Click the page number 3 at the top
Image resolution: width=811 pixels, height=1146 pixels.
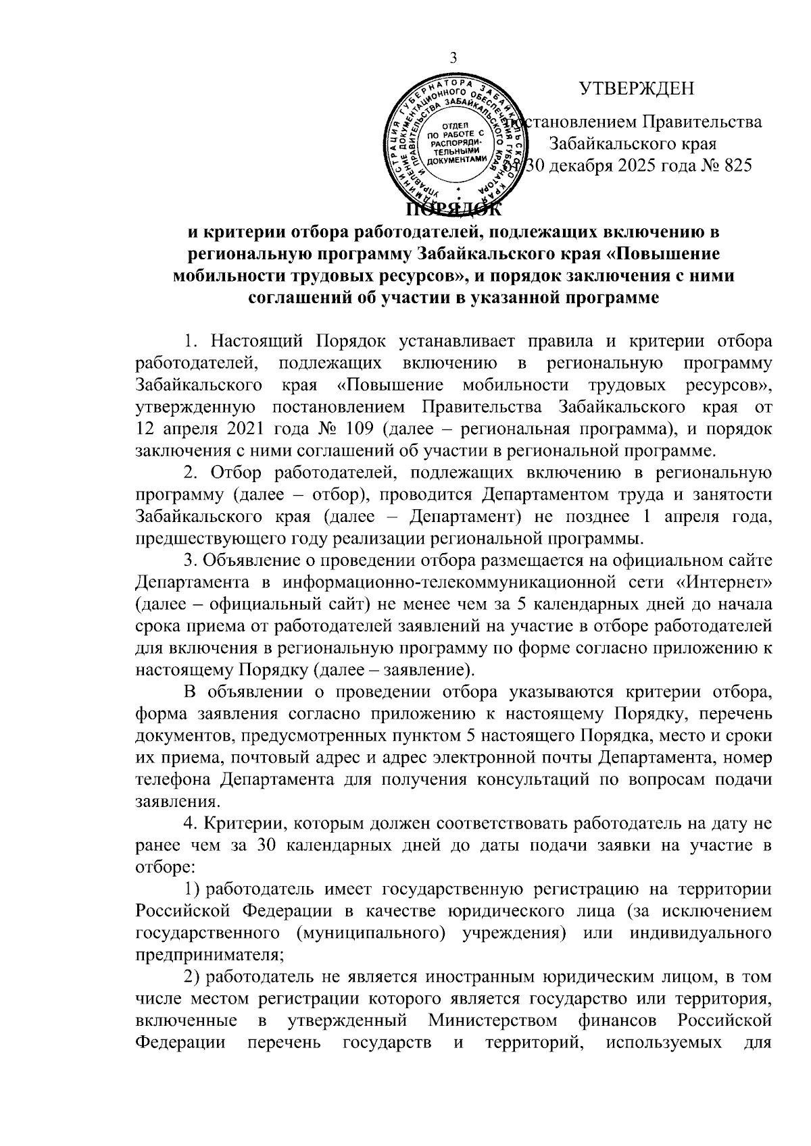[453, 58]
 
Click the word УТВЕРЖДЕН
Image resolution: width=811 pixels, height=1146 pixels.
[637, 88]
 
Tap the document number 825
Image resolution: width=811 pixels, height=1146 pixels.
[735, 166]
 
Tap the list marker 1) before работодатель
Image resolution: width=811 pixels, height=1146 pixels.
[191, 890]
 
